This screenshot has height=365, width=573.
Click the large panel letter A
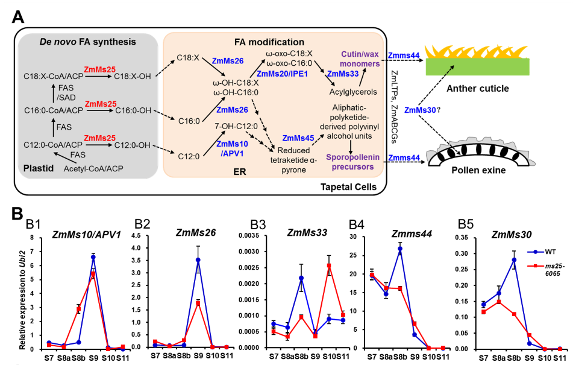(19, 16)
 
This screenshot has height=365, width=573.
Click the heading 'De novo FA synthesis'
(87, 42)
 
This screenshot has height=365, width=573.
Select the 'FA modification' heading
(268, 42)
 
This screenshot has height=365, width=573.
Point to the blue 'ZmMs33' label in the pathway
(342, 74)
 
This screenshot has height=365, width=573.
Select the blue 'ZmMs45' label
(297, 138)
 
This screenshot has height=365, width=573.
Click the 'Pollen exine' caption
(478, 171)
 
